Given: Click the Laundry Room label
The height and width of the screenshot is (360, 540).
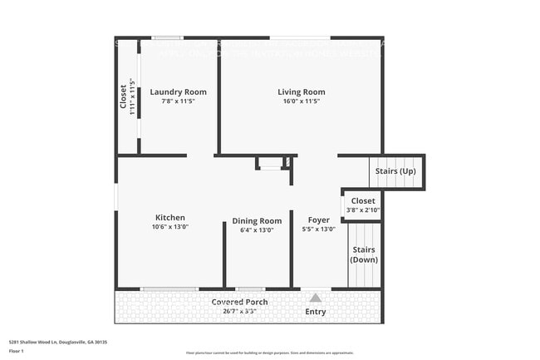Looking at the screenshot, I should tap(178, 91).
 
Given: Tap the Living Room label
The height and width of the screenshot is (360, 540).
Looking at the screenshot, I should tap(301, 91).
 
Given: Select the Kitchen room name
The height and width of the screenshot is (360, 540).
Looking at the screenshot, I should tap(169, 218).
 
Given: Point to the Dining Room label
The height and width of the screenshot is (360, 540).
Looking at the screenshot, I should tap(257, 221).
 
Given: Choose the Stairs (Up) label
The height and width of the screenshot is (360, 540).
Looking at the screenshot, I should tap(395, 171).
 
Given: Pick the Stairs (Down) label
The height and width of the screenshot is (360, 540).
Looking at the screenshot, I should tap(364, 254).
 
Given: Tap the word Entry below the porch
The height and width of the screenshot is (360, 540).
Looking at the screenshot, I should tap(316, 313).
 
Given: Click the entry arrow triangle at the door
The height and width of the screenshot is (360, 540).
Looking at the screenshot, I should tap(316, 296).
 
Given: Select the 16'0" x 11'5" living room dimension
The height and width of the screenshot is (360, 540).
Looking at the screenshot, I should tap(301, 101).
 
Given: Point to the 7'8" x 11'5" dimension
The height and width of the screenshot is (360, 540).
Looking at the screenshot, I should tap(178, 101).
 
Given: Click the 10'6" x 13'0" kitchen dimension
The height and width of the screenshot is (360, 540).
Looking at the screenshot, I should tap(169, 227).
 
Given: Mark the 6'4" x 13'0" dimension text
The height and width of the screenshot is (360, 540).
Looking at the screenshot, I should tap(257, 230).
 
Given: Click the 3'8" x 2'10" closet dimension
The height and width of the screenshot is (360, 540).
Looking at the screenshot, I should tap(363, 210).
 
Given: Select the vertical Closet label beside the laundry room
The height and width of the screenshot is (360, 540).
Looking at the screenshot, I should tap(123, 96).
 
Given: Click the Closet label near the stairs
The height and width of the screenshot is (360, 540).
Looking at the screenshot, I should tap(363, 201).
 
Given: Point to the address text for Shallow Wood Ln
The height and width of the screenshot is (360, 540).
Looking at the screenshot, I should tap(58, 341).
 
